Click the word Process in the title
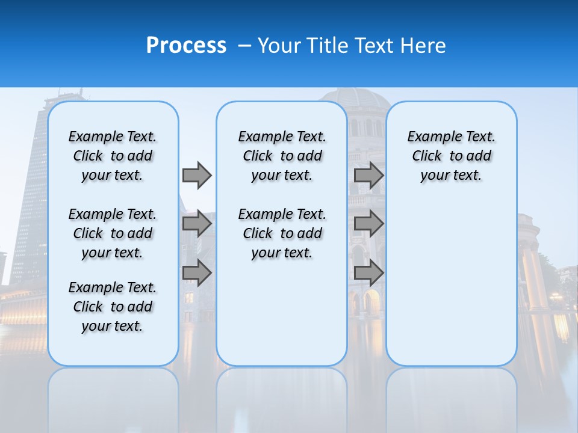click(x=186, y=46)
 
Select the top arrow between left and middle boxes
click(x=197, y=176)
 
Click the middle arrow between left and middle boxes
click(x=197, y=224)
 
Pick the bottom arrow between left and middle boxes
click(x=197, y=272)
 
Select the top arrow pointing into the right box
click(x=368, y=176)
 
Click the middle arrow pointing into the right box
click(x=368, y=224)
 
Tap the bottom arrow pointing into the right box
click(x=368, y=272)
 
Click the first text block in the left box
click(x=113, y=156)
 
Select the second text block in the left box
click(x=113, y=233)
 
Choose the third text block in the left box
click(x=113, y=307)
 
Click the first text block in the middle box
click(x=282, y=156)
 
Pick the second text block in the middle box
click(x=282, y=233)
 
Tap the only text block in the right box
click(x=451, y=156)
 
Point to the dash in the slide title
click(x=244, y=46)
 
